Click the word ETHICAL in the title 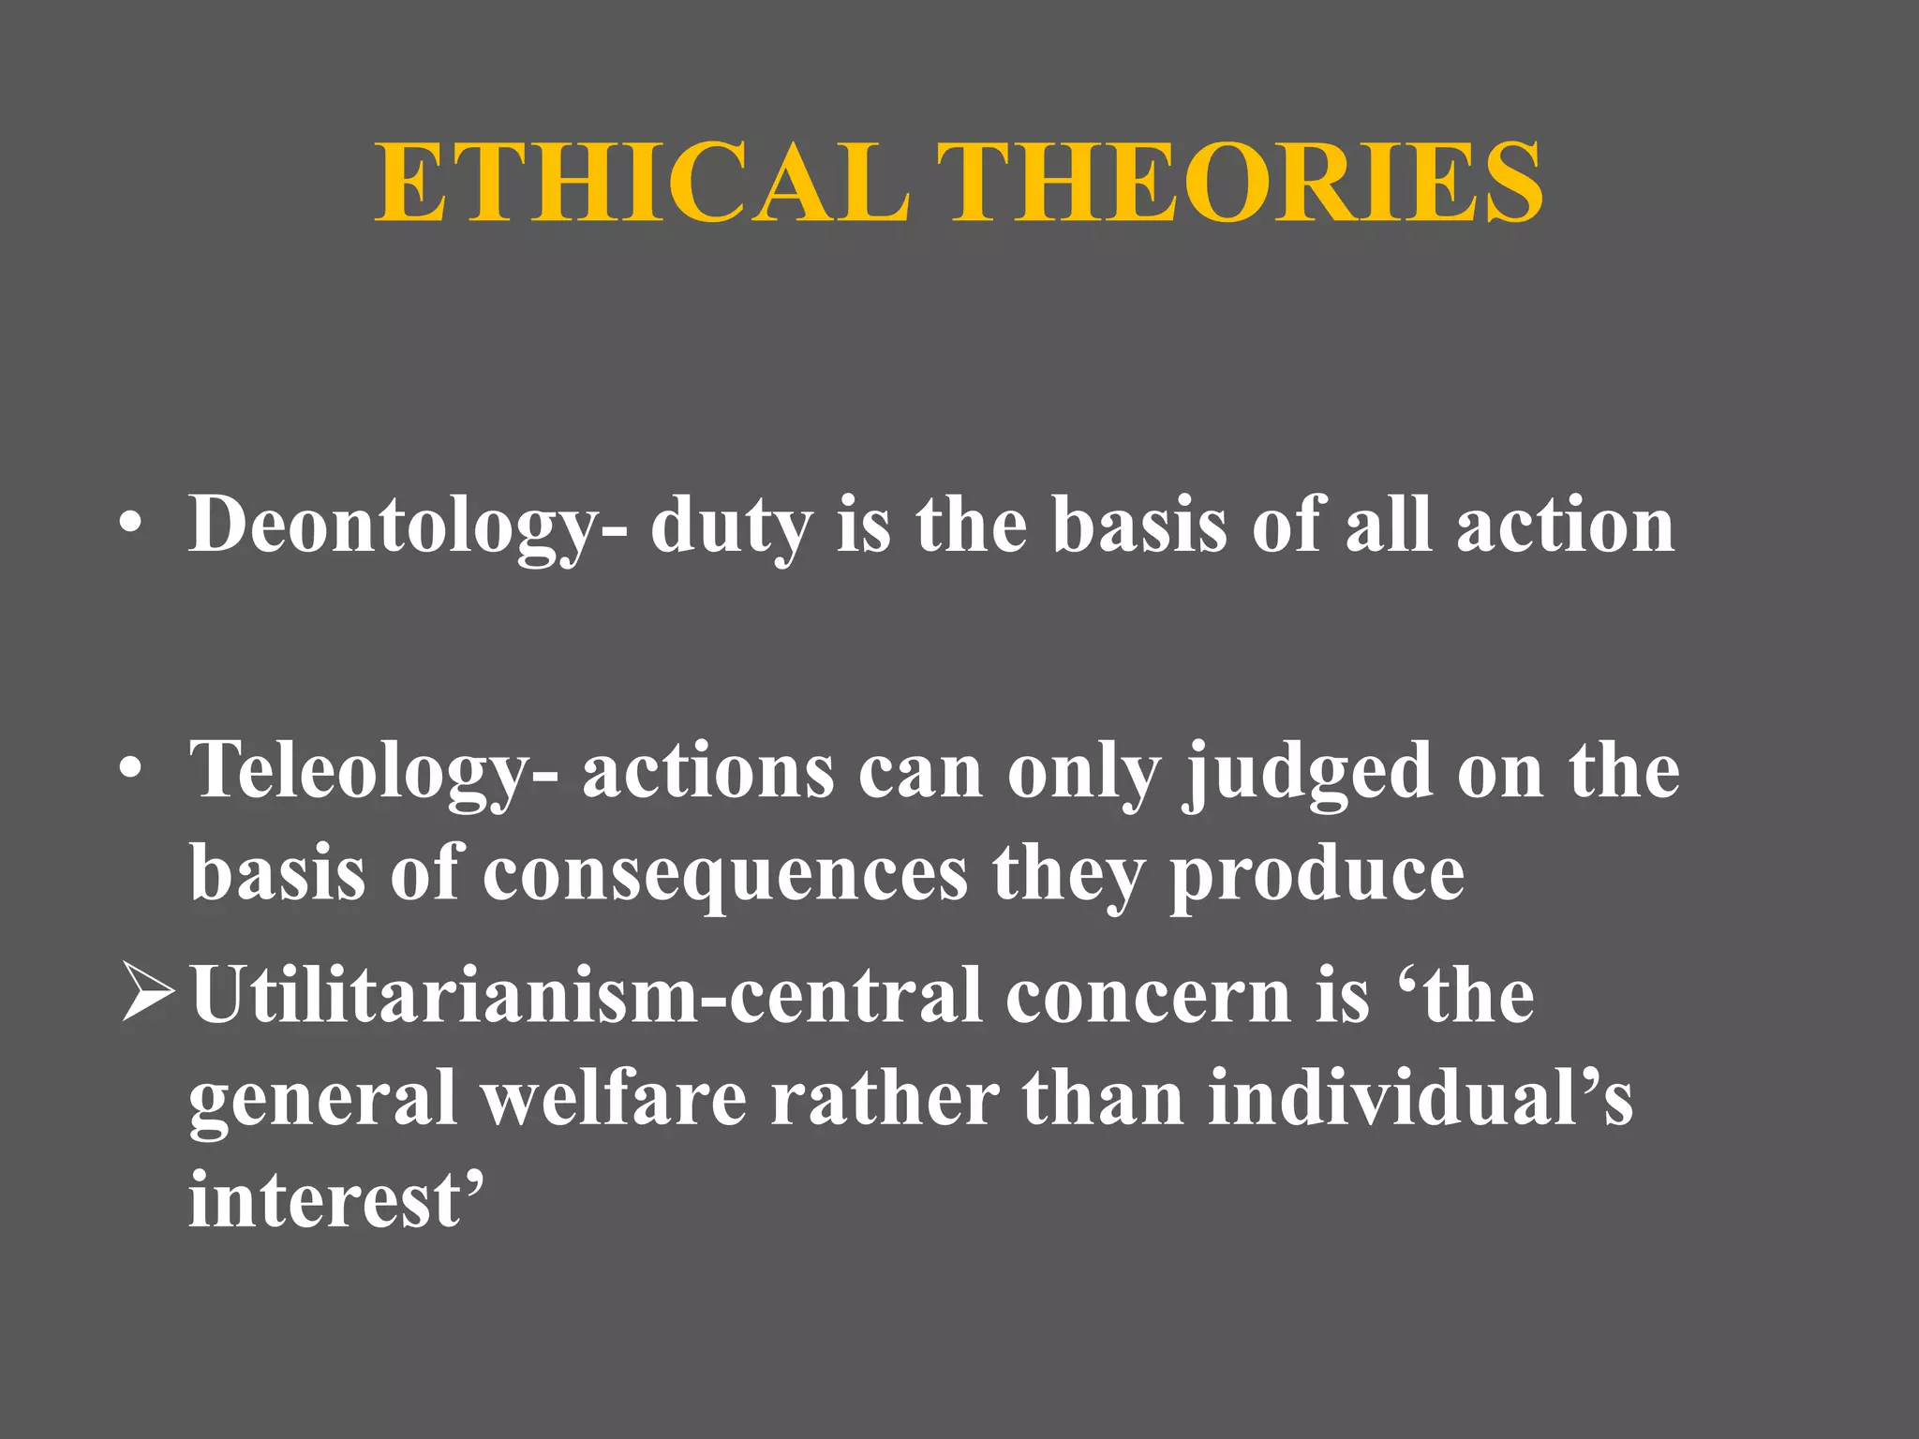pos(643,183)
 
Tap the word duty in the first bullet pos(732,527)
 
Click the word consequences pos(725,873)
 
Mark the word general pos(323,1100)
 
